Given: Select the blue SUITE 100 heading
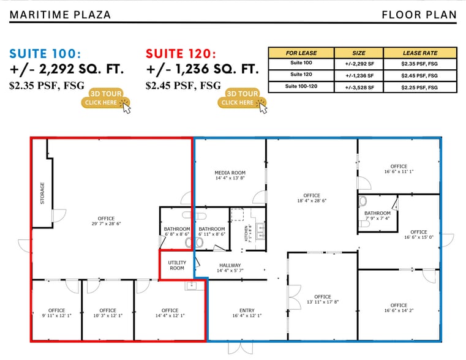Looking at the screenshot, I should point(45,53).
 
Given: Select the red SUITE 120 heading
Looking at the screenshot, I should point(181,53).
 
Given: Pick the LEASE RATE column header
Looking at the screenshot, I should point(419,53).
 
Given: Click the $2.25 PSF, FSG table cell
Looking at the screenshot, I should point(419,87).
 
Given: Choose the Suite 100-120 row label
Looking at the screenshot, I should point(301,87).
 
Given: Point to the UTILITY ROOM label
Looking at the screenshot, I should point(177,265).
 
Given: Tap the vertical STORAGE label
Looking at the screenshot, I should point(42,193).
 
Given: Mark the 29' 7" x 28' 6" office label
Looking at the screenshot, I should point(106,221).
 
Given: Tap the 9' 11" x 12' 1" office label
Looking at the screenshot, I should point(56,313).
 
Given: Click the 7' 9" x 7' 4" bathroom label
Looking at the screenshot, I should point(377,216).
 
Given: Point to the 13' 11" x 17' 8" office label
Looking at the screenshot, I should point(323,299).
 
